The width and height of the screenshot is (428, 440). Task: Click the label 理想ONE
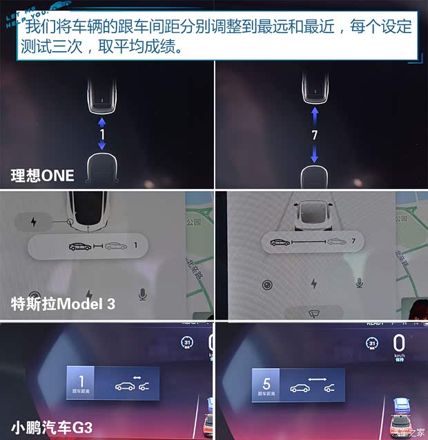42,176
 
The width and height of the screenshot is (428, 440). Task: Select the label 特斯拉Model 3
63,303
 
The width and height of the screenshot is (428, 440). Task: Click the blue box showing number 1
81,383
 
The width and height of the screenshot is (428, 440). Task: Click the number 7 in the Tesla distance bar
353,242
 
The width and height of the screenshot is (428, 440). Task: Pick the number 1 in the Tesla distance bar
136,245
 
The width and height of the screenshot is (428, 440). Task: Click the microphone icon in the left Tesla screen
143,295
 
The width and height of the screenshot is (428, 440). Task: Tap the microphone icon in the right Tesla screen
359,282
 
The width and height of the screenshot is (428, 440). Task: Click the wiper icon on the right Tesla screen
314,313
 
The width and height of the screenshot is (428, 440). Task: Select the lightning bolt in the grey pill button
34,222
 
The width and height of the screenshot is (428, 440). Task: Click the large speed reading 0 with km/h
399,343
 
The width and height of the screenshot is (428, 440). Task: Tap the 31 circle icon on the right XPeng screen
373,343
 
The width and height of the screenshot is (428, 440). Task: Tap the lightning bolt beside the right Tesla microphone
313,284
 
